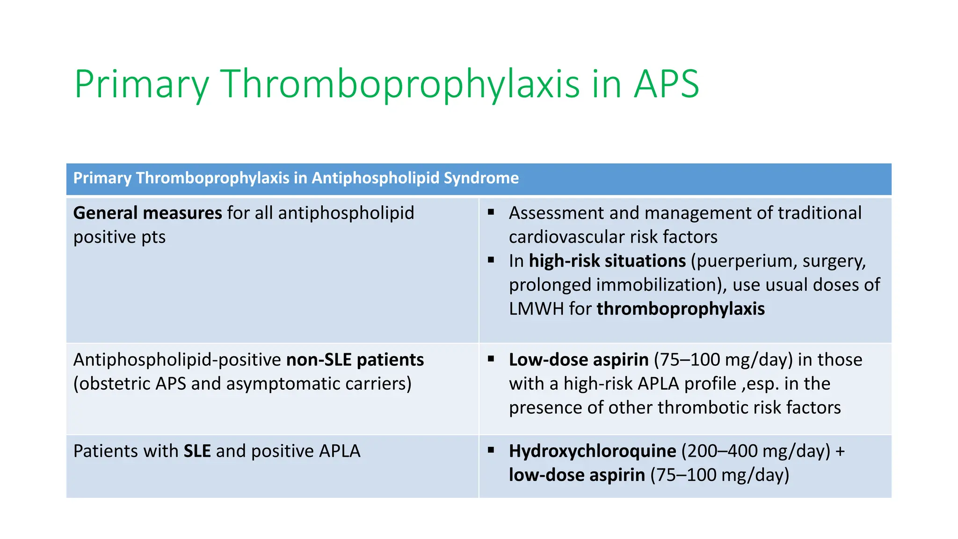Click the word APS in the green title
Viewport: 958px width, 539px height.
tap(666, 84)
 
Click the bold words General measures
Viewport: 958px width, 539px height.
tap(147, 213)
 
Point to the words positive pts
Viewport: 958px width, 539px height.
tap(119, 237)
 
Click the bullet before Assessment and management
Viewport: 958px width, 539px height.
tap(491, 212)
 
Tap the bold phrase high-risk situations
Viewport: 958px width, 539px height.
tap(607, 261)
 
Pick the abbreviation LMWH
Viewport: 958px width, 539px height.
tap(536, 309)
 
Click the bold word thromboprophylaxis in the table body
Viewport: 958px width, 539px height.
tap(681, 309)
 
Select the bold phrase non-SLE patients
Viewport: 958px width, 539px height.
tap(355, 360)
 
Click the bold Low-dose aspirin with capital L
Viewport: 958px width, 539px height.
tap(579, 360)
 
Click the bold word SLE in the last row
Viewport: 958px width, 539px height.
tap(197, 451)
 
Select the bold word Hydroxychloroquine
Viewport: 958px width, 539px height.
tap(592, 451)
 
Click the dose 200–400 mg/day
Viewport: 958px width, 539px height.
tap(755, 451)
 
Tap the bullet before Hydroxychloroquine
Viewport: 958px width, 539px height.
tap(491, 450)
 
